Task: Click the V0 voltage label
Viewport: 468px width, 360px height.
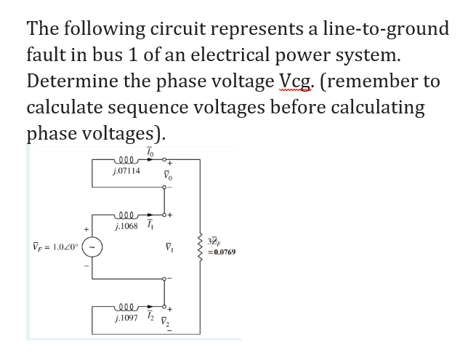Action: click(x=166, y=175)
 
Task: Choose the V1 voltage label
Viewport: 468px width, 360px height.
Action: click(x=166, y=253)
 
